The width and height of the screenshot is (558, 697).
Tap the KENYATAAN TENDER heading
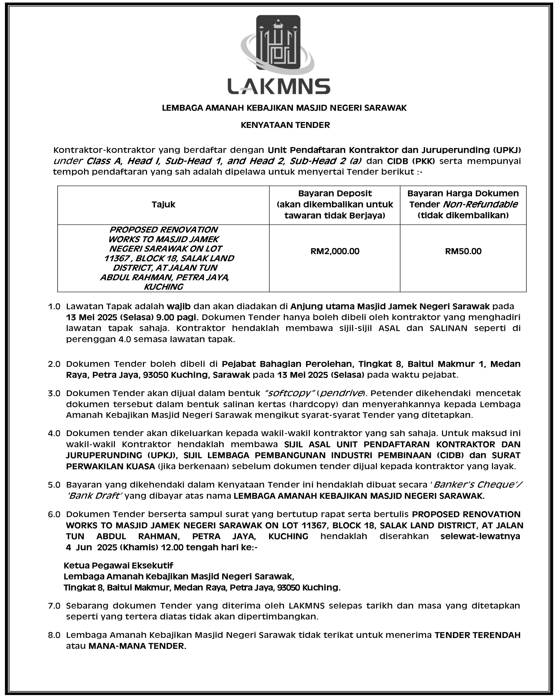click(x=285, y=125)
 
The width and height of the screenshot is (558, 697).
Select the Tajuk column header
click(x=163, y=204)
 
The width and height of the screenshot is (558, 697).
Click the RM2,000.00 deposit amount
click(x=335, y=251)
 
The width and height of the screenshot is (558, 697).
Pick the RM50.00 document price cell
click(x=463, y=251)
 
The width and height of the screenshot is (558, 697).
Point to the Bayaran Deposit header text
click(x=335, y=194)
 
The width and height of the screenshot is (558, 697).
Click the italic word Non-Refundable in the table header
click(x=480, y=204)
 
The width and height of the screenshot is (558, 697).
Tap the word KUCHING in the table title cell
click(x=163, y=287)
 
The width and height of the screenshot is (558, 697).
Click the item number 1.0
click(x=54, y=307)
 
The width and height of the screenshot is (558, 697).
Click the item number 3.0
click(x=54, y=393)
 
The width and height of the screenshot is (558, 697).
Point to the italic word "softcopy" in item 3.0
click(x=290, y=393)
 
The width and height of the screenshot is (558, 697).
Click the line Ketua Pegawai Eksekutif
click(x=118, y=565)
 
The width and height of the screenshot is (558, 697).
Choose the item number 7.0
click(x=54, y=606)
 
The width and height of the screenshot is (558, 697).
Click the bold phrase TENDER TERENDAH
click(x=477, y=635)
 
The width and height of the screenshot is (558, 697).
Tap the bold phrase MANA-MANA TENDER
click(x=137, y=646)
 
